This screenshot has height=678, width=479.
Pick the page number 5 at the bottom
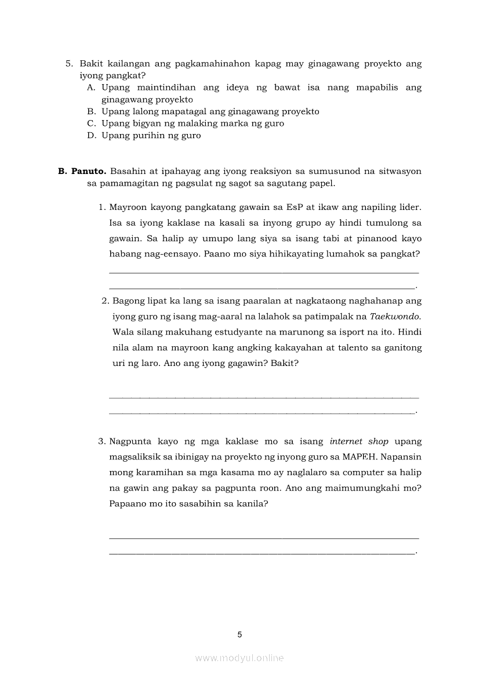coord(239,635)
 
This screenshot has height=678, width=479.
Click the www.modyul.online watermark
coord(239,658)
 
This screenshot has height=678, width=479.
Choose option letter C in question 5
coord(90,124)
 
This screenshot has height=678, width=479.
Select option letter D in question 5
coord(90,136)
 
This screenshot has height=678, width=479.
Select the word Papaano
coord(126,504)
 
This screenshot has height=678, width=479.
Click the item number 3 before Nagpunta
coord(101,441)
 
